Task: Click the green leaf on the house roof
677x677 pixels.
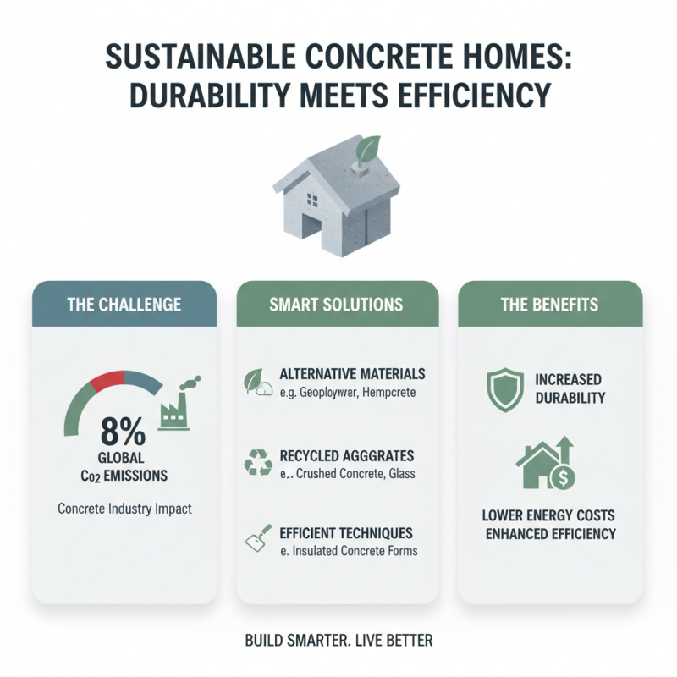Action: tap(369, 152)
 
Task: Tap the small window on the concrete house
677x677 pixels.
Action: tap(312, 201)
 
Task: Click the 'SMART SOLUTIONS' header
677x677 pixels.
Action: tap(337, 305)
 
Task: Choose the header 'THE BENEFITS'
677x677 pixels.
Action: tap(550, 305)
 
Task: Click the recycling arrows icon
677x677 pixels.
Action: tap(257, 463)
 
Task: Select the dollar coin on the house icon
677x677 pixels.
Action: tap(562, 478)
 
